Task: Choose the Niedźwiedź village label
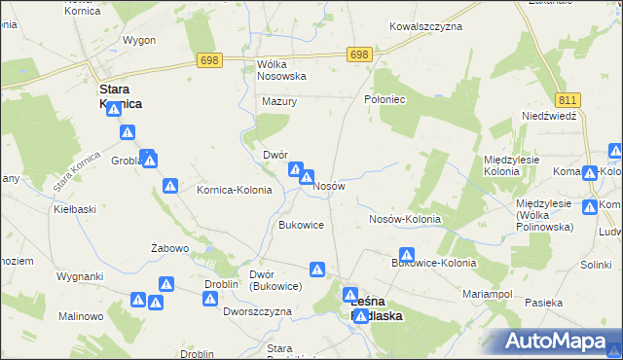pyautogui.click(x=550, y=115)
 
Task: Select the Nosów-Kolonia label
pyautogui.click(x=405, y=219)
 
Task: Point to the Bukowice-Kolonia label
pyautogui.click(x=433, y=263)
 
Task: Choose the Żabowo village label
pyautogui.click(x=169, y=248)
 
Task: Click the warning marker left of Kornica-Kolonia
pyautogui.click(x=170, y=185)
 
